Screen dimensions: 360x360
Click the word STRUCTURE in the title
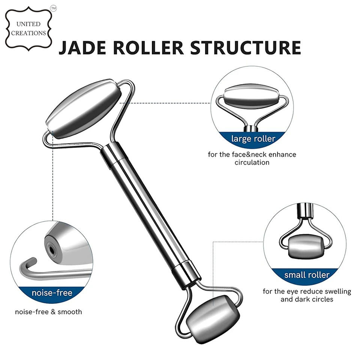[x=246, y=48]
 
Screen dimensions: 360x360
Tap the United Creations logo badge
[x=28, y=29]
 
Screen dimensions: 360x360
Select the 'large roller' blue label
[x=253, y=139]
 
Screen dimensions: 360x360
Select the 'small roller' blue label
[x=306, y=275]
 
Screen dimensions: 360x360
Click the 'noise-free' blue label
[x=52, y=292]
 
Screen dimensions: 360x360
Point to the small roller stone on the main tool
[x=212, y=318]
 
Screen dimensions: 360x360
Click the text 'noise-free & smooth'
[x=48, y=312]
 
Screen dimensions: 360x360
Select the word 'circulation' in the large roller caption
[x=252, y=162]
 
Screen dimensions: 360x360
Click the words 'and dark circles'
[x=307, y=299]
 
